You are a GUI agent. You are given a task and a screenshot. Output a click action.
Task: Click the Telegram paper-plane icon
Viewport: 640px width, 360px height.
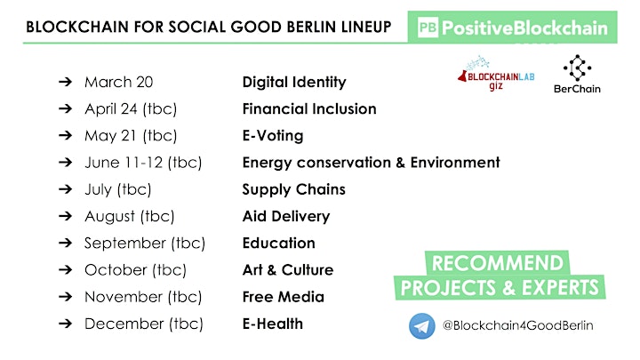click(421, 325)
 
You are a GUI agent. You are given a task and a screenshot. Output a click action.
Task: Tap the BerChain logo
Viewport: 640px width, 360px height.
click(577, 75)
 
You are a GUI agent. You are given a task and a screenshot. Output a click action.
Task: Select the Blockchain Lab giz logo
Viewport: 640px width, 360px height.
click(496, 74)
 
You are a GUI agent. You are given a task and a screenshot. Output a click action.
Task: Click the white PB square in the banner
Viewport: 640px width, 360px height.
click(428, 28)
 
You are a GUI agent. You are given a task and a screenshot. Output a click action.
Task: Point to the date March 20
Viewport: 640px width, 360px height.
click(119, 82)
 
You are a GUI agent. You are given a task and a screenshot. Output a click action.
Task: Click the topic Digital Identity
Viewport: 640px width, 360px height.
click(294, 82)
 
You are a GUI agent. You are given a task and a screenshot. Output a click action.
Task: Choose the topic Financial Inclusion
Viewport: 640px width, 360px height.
click(309, 109)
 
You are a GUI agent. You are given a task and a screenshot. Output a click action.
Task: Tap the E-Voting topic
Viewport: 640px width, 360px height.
click(273, 136)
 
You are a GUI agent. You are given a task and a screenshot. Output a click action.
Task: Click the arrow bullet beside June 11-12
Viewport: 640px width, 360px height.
click(65, 163)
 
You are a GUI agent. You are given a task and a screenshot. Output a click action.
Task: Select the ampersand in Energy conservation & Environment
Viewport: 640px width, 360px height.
click(400, 163)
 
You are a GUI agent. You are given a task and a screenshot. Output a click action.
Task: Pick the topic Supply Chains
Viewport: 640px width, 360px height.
click(294, 189)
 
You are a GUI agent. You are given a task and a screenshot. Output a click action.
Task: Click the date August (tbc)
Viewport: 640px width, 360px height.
click(130, 216)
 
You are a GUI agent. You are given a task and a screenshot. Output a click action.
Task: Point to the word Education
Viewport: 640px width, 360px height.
click(279, 244)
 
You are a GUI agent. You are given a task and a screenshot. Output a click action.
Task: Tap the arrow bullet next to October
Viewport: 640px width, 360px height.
click(65, 270)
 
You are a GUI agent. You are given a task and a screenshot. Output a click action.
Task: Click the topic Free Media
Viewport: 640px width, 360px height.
click(284, 297)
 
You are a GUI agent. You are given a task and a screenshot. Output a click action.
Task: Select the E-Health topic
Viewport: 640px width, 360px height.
click(273, 324)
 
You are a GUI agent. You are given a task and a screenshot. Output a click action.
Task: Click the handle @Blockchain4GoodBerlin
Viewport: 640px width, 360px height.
click(517, 325)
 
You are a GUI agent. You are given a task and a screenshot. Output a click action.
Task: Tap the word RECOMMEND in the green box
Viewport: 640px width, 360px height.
click(498, 263)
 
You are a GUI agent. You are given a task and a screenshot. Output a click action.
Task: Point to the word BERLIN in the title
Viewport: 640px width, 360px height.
click(312, 27)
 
